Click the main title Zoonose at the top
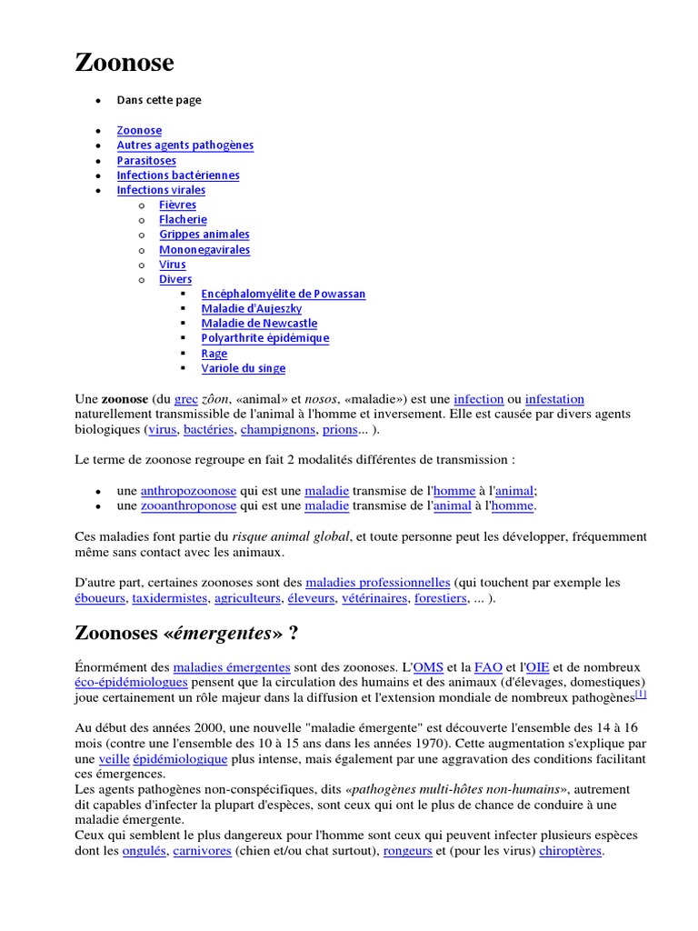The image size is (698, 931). click(x=124, y=64)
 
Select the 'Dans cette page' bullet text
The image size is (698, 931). click(x=159, y=100)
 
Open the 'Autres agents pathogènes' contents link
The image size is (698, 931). click(x=185, y=145)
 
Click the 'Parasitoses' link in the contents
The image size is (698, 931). click(x=146, y=161)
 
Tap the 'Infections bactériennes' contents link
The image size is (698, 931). click(x=178, y=175)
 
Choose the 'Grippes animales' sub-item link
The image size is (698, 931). click(x=204, y=235)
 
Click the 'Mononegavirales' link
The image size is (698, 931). click(x=204, y=250)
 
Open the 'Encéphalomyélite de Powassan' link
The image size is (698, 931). click(x=284, y=295)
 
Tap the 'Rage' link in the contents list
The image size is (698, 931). click(x=214, y=354)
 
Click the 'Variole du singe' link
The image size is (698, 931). click(x=244, y=368)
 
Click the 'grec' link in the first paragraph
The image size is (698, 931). click(x=185, y=399)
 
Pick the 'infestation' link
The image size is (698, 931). click(x=554, y=399)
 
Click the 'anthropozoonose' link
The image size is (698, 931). click(x=188, y=490)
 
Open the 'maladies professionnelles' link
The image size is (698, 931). click(x=378, y=582)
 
